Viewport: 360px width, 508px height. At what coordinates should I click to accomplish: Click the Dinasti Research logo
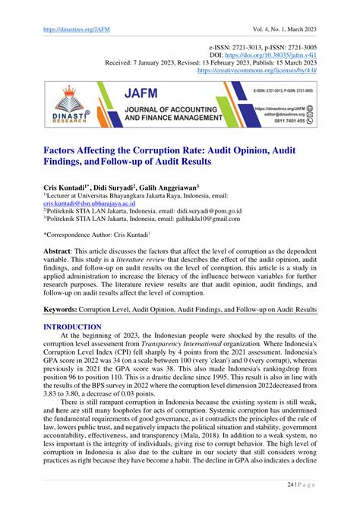tap(61, 107)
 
